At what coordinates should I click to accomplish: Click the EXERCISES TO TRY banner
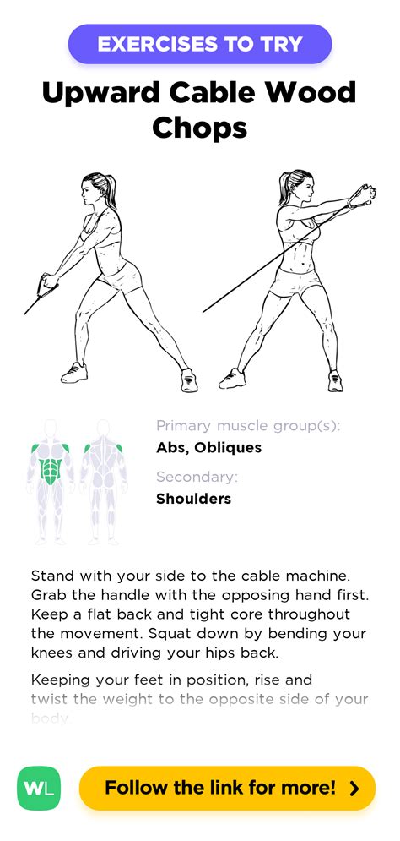[200, 44]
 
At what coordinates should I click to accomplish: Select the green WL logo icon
[39, 789]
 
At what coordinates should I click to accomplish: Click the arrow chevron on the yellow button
[354, 789]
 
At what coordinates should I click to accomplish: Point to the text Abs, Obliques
[208, 447]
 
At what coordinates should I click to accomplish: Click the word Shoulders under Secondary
[193, 499]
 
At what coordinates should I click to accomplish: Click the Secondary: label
[197, 478]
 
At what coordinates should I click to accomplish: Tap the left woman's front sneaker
[74, 372]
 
